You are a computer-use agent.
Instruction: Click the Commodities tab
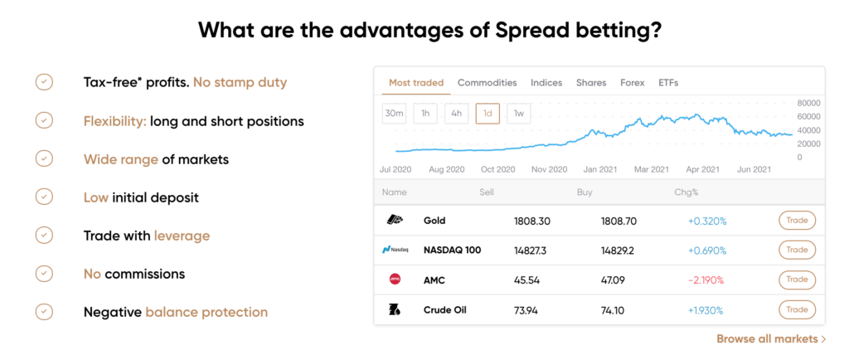[487, 83]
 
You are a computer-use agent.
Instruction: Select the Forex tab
[633, 83]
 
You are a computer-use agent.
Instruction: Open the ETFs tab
[668, 83]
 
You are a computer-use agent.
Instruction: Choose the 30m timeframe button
[395, 113]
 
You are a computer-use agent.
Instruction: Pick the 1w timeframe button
[518, 113]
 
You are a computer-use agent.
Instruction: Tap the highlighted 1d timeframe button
[488, 113]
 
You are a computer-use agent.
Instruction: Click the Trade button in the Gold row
[797, 221]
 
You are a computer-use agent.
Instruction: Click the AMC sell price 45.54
[526, 280]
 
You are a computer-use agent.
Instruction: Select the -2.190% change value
[707, 280]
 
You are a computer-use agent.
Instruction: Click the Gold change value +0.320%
[707, 221]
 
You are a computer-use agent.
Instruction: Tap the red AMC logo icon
[395, 279]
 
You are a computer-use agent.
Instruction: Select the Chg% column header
[686, 192]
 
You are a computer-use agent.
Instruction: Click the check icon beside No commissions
[44, 274]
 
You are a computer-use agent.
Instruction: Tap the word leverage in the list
[182, 236]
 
